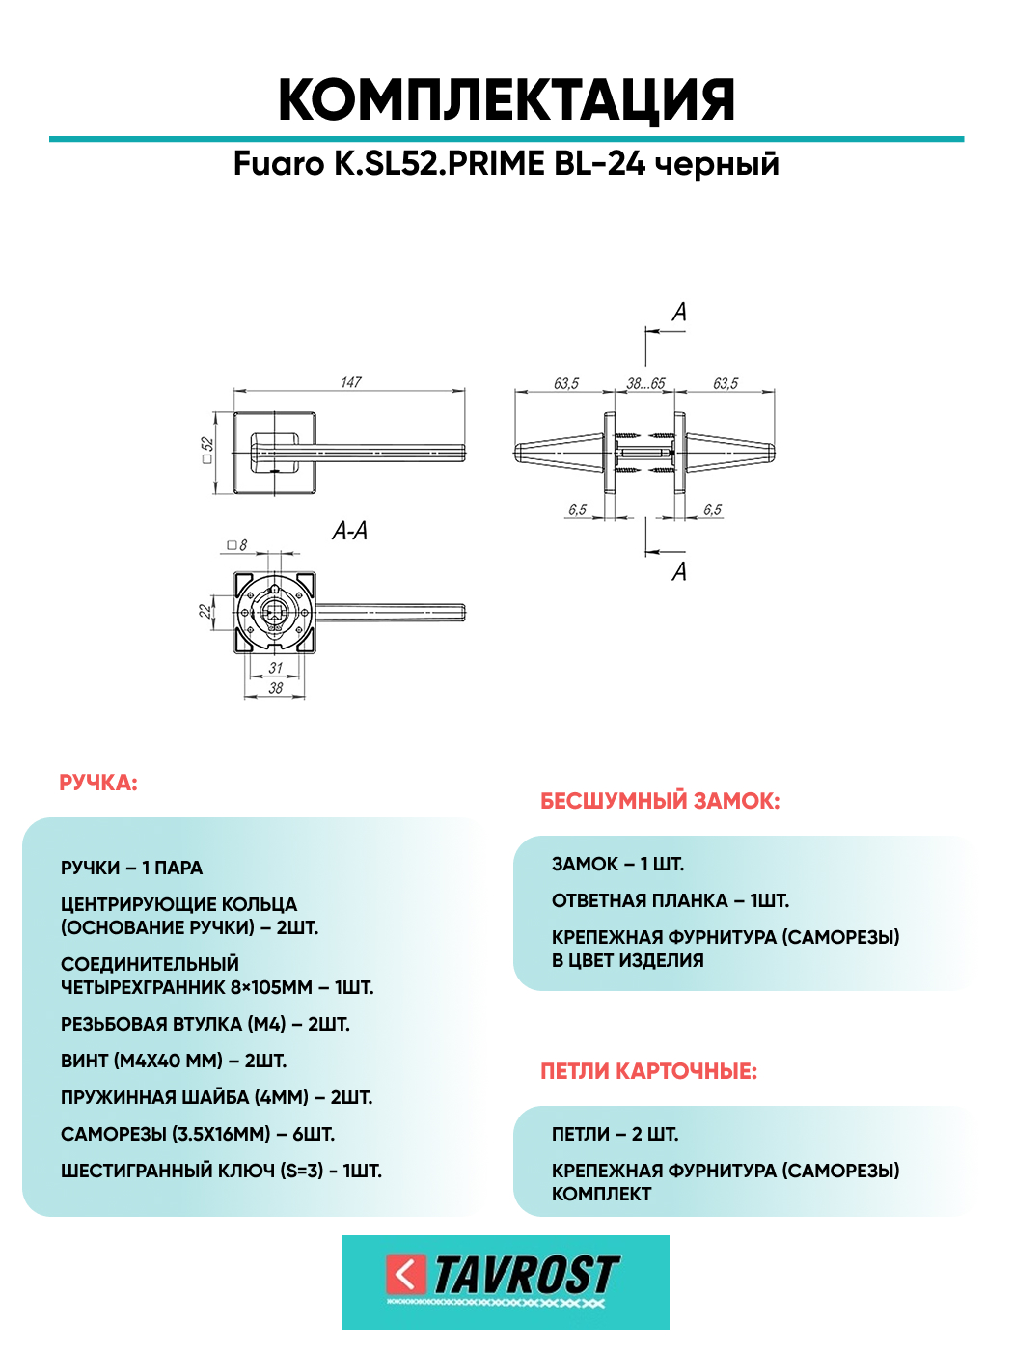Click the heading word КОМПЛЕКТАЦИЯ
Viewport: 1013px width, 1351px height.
[x=506, y=100]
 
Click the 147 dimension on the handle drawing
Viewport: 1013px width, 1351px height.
[x=350, y=382]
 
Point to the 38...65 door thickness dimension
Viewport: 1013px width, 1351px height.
[x=645, y=383]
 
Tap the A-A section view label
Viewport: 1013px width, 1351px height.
[x=349, y=531]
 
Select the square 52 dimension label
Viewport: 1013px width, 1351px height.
[x=207, y=451]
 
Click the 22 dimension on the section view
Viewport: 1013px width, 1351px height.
[x=205, y=611]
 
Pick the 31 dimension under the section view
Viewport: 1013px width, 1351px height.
[x=276, y=668]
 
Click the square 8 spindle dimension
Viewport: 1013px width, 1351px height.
[x=237, y=545]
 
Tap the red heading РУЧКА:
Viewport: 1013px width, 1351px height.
[x=98, y=783]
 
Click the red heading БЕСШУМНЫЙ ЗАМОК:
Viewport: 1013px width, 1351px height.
[x=660, y=801]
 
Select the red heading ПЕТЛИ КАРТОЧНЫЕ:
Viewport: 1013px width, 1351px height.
[x=648, y=1071]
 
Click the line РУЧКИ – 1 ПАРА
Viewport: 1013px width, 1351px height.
[x=131, y=868]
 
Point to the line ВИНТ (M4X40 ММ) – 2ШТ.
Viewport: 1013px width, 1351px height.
[x=174, y=1061]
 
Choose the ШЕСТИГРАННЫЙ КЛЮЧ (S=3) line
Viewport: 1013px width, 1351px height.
[x=221, y=1171]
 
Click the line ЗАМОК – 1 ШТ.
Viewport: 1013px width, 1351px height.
[x=617, y=864]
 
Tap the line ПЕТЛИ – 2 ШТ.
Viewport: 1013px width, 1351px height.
[x=615, y=1134]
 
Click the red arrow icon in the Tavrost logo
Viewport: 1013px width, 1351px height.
[x=406, y=1275]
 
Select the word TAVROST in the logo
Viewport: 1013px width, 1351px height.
[x=526, y=1275]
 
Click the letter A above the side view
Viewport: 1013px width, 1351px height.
[x=679, y=313]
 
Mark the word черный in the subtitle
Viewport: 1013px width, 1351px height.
[x=717, y=164]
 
